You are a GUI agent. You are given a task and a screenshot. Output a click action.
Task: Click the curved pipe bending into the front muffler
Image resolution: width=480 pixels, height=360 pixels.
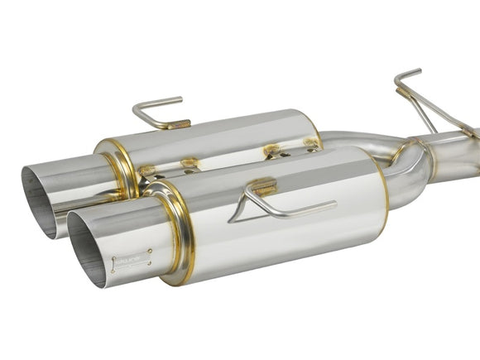click(398, 186)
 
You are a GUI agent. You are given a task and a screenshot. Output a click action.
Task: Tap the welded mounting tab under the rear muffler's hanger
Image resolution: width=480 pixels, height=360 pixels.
click(177, 123)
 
